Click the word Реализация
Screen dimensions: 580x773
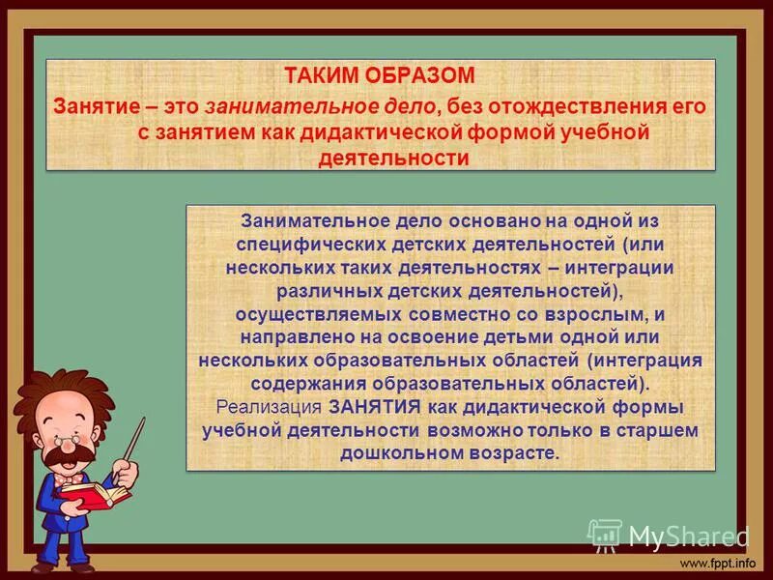point(270,407)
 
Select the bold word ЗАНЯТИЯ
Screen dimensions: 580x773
point(374,407)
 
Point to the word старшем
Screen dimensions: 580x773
point(659,430)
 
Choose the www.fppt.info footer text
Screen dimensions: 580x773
point(721,563)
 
